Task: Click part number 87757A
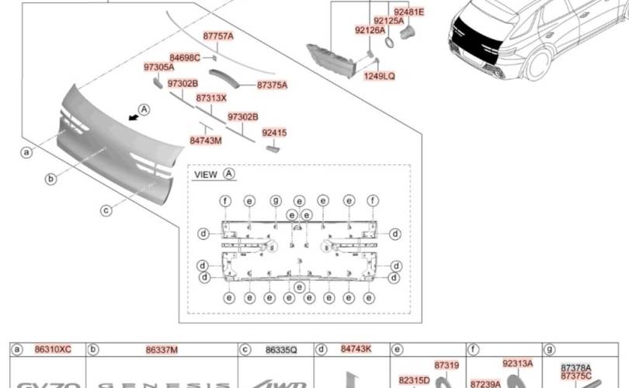(x=218, y=36)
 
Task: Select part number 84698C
(x=185, y=57)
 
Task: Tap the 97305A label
(x=159, y=68)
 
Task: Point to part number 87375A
(x=272, y=85)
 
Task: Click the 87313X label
(x=211, y=99)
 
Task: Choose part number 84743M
(x=206, y=140)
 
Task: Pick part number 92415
(x=274, y=133)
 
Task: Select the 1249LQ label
(x=379, y=76)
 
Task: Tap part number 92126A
(x=370, y=30)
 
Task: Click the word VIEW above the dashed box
(x=206, y=175)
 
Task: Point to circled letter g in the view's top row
(x=275, y=201)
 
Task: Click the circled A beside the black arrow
(x=144, y=109)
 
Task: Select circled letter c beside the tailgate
(x=106, y=209)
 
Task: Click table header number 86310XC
(x=53, y=350)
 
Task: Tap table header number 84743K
(x=356, y=350)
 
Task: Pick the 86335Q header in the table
(x=281, y=351)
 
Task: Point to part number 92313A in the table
(x=517, y=362)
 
